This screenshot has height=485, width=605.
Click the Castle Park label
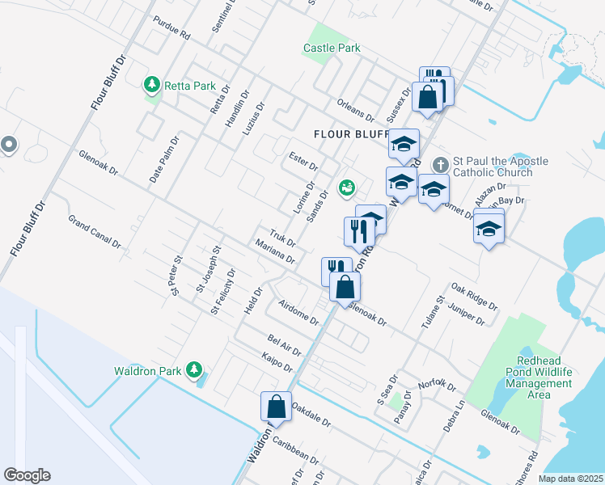pyautogui.click(x=332, y=48)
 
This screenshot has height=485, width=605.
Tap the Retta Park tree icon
pyautogui.click(x=150, y=84)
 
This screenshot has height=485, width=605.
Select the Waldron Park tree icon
pyautogui.click(x=193, y=370)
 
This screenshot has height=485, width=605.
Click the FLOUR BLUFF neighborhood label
pyautogui.click(x=350, y=133)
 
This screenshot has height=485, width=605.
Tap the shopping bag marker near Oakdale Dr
pyautogui.click(x=276, y=407)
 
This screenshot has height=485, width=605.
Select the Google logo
pyautogui.click(x=27, y=474)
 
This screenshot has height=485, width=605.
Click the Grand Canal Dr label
pyautogui.click(x=95, y=231)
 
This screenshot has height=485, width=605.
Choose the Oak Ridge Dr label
pyautogui.click(x=474, y=296)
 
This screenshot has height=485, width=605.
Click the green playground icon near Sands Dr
pyautogui.click(x=347, y=188)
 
